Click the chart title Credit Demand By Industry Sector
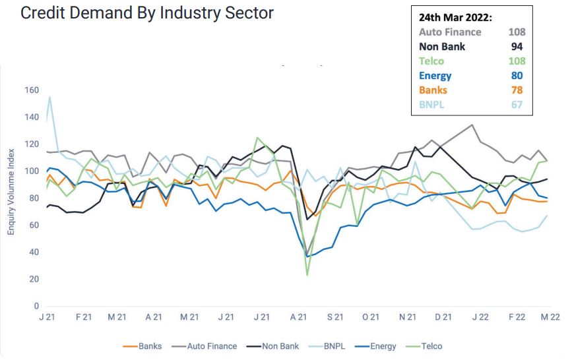coord(147,13)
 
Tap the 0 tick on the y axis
coord(36,307)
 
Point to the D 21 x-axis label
coord(443,317)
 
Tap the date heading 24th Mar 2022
coord(456,16)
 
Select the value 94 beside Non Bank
coord(517,46)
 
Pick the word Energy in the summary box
coord(435,75)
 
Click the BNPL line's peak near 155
coord(49,97)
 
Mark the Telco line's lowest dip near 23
coord(307,275)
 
